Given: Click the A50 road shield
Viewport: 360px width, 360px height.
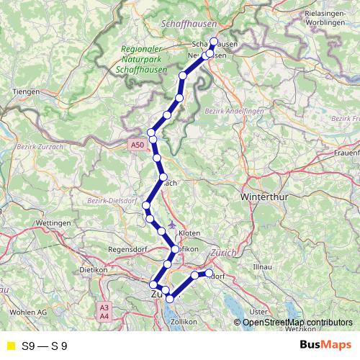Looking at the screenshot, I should click(x=138, y=145).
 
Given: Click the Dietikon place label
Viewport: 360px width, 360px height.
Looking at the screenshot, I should click(x=93, y=270).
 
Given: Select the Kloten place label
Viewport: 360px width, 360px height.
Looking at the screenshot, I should click(x=189, y=234).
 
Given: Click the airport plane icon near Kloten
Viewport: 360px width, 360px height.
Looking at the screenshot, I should click(x=170, y=223).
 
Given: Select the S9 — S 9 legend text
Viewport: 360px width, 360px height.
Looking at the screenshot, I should click(x=45, y=346).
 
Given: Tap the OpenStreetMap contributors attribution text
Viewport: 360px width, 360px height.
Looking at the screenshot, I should click(x=297, y=322).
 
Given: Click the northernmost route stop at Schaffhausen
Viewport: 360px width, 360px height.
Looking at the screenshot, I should click(x=213, y=41).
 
